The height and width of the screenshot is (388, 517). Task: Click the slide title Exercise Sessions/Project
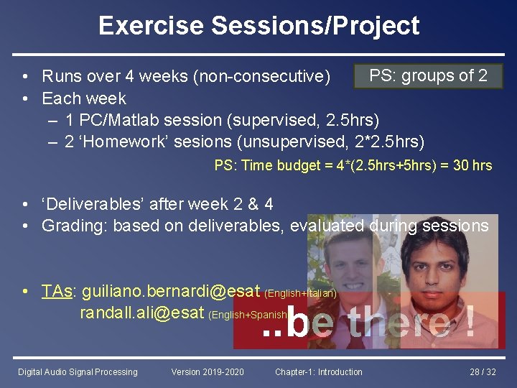click(x=258, y=26)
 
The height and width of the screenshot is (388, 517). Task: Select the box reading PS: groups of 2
click(x=428, y=75)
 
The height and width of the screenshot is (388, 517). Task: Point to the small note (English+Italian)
click(x=300, y=293)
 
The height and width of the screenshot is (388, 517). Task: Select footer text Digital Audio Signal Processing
click(x=78, y=371)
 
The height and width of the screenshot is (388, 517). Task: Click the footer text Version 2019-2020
click(x=208, y=371)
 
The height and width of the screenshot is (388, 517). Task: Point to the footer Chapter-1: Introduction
click(x=319, y=371)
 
